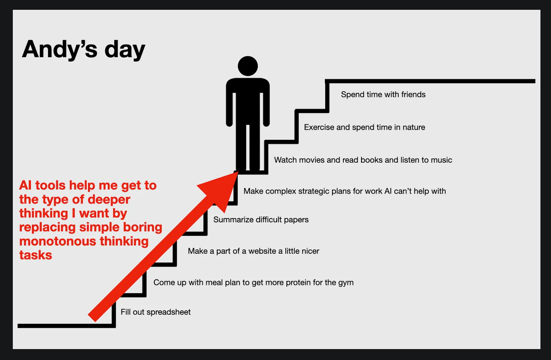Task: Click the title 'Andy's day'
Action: point(84,50)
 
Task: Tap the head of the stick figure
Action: point(248,66)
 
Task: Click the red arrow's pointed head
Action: point(237,172)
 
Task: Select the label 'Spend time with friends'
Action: point(383,95)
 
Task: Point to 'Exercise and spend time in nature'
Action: point(364,127)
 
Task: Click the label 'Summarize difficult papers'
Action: point(261,220)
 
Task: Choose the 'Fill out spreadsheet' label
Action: point(155,312)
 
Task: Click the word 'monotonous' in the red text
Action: point(57,241)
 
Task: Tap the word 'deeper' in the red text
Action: point(109,200)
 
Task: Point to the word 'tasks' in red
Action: point(36,255)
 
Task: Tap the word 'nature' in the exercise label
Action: point(414,127)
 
